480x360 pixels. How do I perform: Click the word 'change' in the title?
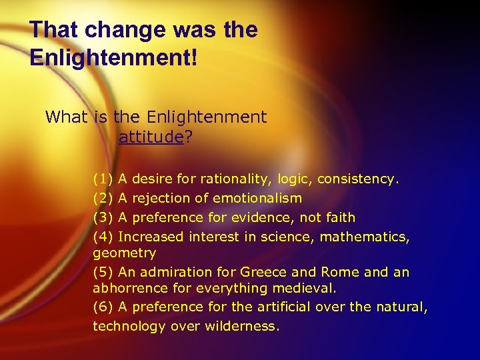(x=117, y=31)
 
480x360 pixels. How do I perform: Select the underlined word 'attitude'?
(x=150, y=137)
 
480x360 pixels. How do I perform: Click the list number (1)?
(x=103, y=179)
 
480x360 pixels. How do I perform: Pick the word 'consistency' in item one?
(x=357, y=179)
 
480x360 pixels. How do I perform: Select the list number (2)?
(x=103, y=199)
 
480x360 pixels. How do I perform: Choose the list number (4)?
(x=103, y=237)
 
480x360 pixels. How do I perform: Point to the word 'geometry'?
(x=125, y=253)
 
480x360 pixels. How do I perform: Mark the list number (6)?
(x=103, y=307)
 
